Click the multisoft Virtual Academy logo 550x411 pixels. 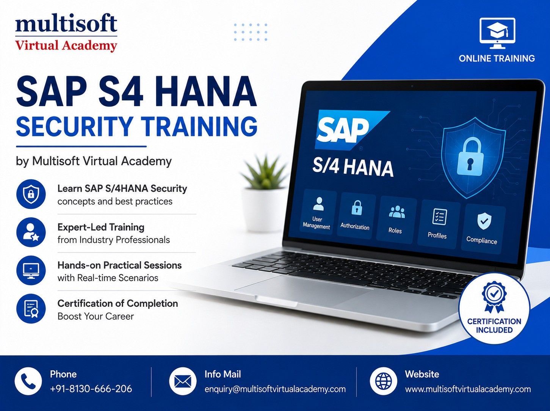click(x=66, y=33)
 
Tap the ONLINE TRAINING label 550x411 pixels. click(x=497, y=58)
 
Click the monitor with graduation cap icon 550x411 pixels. click(x=497, y=33)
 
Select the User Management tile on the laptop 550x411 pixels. click(x=318, y=213)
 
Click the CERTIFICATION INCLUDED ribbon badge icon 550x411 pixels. click(x=494, y=297)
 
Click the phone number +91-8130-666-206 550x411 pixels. click(x=91, y=389)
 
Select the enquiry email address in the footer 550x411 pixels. click(x=275, y=389)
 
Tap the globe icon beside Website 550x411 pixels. click(x=384, y=381)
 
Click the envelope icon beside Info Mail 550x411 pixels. click(x=183, y=381)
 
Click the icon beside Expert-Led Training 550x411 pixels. click(x=31, y=232)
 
